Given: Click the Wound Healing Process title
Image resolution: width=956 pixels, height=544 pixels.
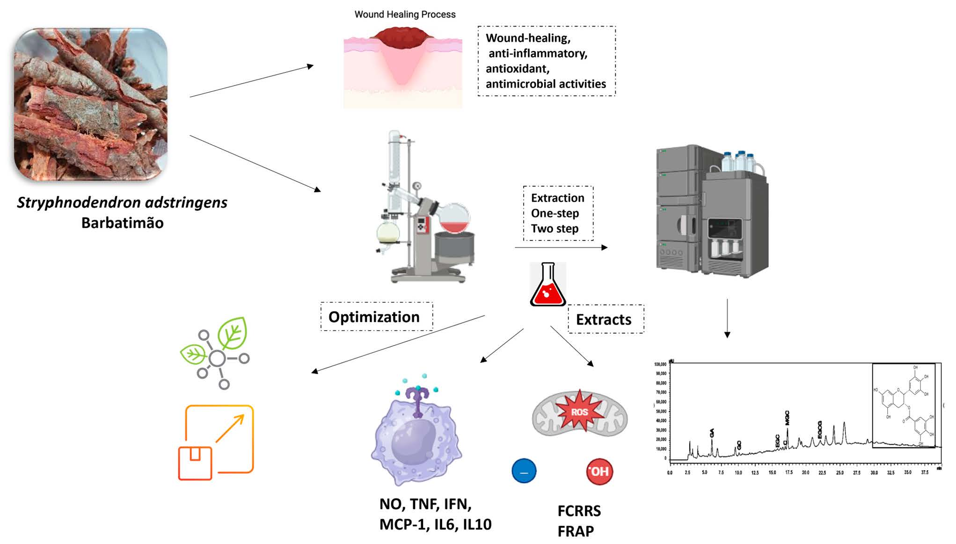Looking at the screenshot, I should tap(405, 15).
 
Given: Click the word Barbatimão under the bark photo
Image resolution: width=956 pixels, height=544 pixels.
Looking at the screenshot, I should tap(122, 223).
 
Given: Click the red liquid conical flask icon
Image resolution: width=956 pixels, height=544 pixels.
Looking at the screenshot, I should tap(547, 286).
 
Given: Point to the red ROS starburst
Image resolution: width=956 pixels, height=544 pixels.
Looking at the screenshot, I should tap(579, 411).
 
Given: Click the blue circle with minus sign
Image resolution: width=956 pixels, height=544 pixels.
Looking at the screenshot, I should tap(524, 471).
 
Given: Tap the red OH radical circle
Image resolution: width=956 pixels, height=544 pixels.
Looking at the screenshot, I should tap(599, 471).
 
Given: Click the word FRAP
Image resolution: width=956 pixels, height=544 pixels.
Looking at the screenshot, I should tap(576, 531).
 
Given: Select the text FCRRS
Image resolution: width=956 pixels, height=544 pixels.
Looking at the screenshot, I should tap(579, 511).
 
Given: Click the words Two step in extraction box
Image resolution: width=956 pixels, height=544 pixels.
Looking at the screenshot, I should tap(555, 229).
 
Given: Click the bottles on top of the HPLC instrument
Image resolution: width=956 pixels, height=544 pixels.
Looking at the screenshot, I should tap(739, 161).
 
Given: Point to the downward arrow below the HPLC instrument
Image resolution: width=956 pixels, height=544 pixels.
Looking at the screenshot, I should tap(727, 318).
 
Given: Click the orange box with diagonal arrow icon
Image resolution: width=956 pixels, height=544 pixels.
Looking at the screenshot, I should tap(216, 442).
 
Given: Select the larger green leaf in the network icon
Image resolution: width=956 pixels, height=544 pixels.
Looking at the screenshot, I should tap(233, 333).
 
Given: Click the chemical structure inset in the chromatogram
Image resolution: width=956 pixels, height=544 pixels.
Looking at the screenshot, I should tap(904, 406).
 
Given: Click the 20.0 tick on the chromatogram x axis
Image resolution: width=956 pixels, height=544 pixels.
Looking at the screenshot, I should tap(805, 473).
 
